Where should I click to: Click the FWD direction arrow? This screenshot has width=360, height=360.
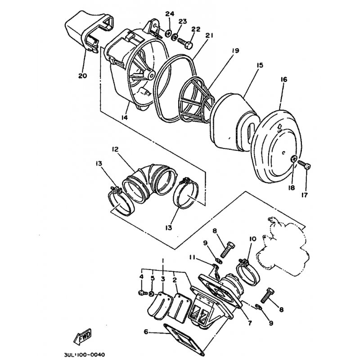click(82, 336)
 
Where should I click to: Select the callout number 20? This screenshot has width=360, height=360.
click(83, 76)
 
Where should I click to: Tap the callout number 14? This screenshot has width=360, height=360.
click(125, 117)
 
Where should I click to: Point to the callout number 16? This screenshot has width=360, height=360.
click(284, 80)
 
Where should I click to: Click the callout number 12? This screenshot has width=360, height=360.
click(115, 149)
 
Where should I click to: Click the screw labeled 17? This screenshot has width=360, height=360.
click(304, 165)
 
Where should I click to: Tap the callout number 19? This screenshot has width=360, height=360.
click(235, 50)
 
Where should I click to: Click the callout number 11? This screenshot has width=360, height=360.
click(192, 258)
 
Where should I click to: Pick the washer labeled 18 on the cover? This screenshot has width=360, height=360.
click(294, 158)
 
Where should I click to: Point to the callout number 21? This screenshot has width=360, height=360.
click(209, 36)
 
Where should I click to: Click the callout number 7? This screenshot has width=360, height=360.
click(250, 323)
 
